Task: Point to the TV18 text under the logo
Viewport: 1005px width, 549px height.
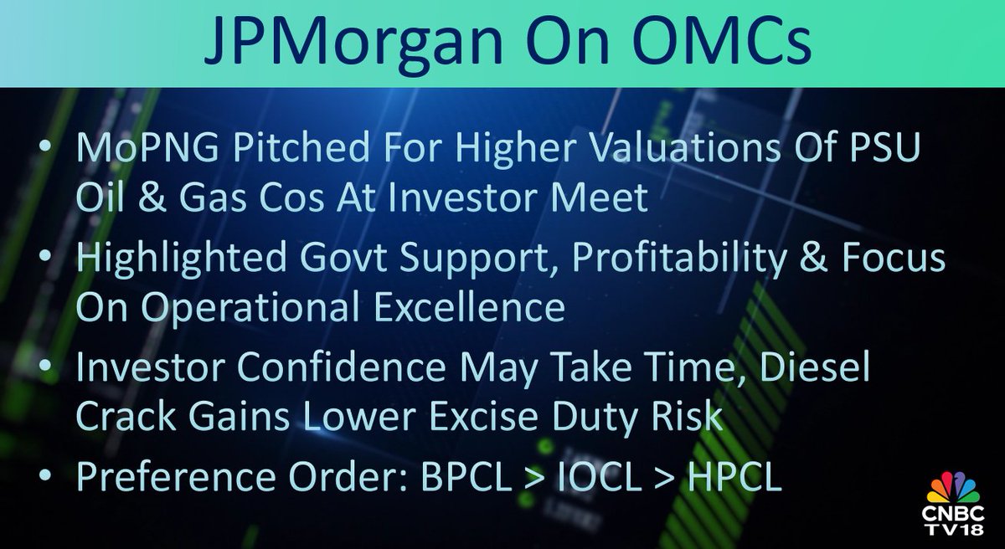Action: [954, 535]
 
